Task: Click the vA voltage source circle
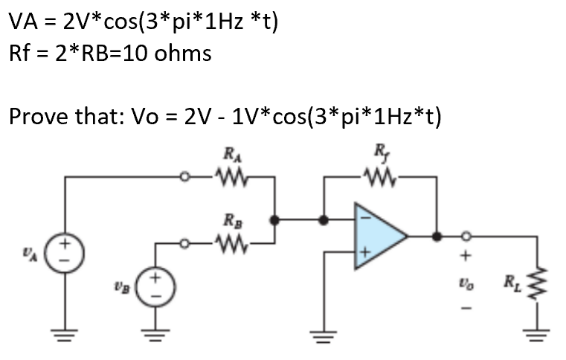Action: [65, 248]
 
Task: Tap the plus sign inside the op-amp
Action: [364, 254]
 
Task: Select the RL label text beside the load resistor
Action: [513, 282]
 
